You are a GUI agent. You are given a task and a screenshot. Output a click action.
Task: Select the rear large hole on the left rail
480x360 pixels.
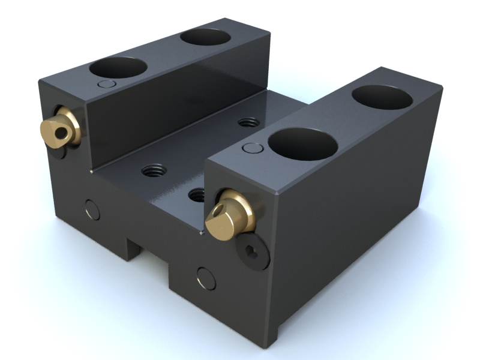(205, 38)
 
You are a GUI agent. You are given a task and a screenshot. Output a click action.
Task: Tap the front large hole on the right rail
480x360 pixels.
(302, 144)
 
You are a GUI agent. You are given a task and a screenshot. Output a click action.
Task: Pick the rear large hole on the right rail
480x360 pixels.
(382, 95)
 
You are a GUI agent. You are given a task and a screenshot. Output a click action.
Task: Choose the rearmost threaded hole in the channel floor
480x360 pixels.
(248, 122)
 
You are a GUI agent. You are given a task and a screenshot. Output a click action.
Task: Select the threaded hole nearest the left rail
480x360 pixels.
(152, 170)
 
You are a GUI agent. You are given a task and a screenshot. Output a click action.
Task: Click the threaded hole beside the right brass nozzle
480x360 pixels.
(196, 194)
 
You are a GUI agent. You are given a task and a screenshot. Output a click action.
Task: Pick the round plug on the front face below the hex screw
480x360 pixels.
(206, 277)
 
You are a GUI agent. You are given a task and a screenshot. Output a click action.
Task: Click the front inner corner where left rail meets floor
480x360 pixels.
(91, 173)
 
